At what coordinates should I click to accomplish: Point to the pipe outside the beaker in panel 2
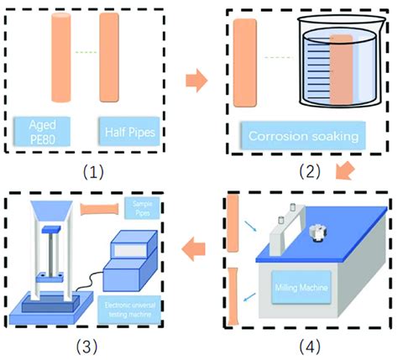[x=246, y=63]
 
